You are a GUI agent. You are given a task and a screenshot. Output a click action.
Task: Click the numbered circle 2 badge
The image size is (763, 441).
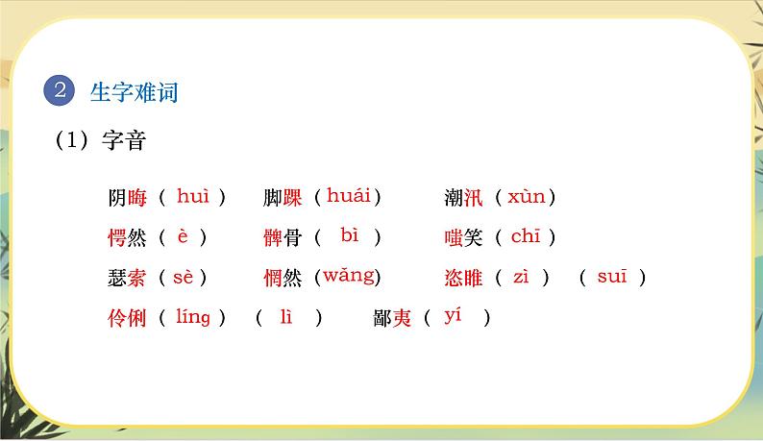[x=60, y=92]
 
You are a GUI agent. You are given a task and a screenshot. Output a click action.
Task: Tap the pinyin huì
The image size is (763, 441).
[x=193, y=196]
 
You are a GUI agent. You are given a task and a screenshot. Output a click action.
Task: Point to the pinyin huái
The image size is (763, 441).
[x=348, y=196]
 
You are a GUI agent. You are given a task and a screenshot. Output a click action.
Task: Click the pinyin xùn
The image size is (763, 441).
[x=526, y=197]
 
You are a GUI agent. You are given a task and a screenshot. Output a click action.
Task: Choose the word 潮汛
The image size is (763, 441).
[x=463, y=198]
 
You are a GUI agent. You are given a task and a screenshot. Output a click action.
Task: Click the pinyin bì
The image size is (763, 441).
[x=349, y=234]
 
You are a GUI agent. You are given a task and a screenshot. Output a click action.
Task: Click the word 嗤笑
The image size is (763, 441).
[x=463, y=237]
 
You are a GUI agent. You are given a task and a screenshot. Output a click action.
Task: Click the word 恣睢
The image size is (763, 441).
[x=463, y=278]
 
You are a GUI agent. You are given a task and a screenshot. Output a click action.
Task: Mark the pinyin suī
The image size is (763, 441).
[x=611, y=277]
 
